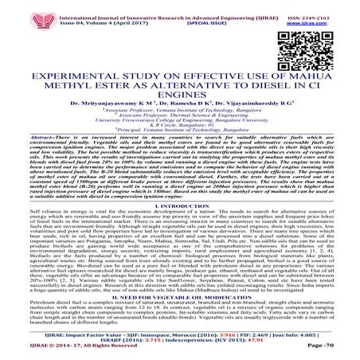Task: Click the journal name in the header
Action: click(179, 7)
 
